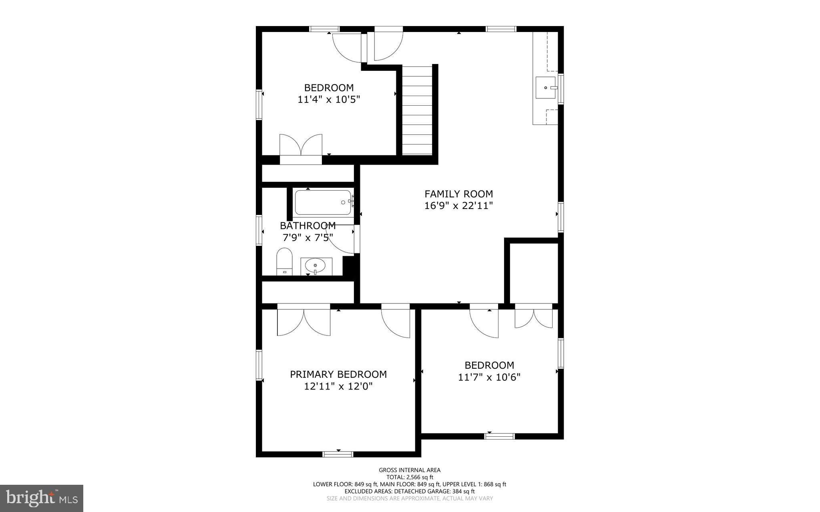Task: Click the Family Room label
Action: point(458,194)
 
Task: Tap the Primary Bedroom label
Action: point(338,374)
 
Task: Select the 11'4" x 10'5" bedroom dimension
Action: point(329,100)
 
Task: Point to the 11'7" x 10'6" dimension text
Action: point(489,377)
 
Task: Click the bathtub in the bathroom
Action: point(324,203)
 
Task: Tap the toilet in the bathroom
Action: point(284,261)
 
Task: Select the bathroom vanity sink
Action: point(316,265)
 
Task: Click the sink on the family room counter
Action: point(546,87)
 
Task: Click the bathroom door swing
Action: point(340,240)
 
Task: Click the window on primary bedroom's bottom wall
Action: point(338,454)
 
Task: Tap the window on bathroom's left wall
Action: point(259,230)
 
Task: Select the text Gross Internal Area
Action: point(410,470)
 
